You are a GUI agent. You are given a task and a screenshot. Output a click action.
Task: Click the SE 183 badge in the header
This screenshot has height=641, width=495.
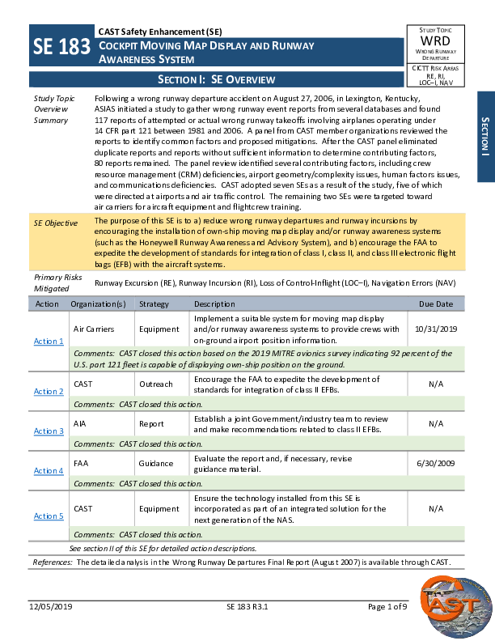coord(61,48)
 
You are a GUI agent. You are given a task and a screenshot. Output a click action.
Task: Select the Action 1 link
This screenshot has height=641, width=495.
coord(49,341)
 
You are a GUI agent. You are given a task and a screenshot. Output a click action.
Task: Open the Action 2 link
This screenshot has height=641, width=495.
coord(49,391)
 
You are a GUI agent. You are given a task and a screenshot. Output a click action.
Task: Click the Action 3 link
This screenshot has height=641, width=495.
coord(49,431)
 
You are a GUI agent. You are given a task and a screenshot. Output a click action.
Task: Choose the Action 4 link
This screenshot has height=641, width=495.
coord(49,470)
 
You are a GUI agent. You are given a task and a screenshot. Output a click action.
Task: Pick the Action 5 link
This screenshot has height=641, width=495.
coord(49,516)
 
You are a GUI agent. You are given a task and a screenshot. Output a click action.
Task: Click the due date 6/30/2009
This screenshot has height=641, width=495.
coord(436,464)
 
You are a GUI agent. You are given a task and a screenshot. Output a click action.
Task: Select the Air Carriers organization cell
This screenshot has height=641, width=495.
coord(94,329)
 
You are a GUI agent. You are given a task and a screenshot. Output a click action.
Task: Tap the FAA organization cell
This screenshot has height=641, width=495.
coord(81,464)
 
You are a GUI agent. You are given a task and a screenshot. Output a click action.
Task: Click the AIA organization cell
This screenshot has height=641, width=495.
coord(80,423)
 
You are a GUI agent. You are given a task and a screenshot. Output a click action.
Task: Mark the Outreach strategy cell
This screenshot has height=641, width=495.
coord(157,384)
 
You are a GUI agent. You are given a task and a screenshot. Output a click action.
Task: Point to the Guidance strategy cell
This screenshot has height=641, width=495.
coord(156,464)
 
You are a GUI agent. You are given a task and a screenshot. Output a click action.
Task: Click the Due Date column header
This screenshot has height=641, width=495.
coord(436,304)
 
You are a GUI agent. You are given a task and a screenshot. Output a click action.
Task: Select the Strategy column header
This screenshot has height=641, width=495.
coord(154,304)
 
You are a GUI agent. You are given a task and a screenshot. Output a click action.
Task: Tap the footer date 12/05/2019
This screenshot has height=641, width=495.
coord(52,606)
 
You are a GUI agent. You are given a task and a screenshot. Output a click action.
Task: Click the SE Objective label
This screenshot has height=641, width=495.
coord(56,223)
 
